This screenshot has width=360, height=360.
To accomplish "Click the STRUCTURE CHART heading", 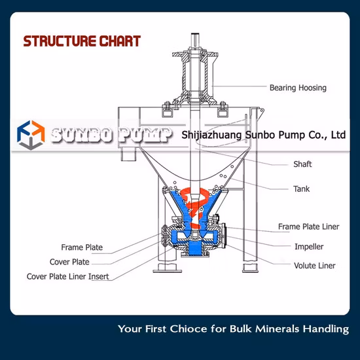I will (82, 41).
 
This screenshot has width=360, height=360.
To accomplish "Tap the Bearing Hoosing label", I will (298, 87).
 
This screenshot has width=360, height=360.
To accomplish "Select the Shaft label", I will (302, 164).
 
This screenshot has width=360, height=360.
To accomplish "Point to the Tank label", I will (301, 189).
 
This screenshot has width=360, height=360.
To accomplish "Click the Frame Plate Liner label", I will (308, 226).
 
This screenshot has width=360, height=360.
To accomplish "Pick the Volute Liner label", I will (314, 266).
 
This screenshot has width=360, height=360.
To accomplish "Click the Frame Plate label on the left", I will (82, 248).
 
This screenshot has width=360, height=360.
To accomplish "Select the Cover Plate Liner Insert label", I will (67, 276).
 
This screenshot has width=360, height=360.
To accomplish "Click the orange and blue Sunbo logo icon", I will (29, 135).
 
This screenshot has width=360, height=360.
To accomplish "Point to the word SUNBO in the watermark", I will (82, 135).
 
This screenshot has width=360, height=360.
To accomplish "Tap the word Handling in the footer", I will (328, 329).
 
